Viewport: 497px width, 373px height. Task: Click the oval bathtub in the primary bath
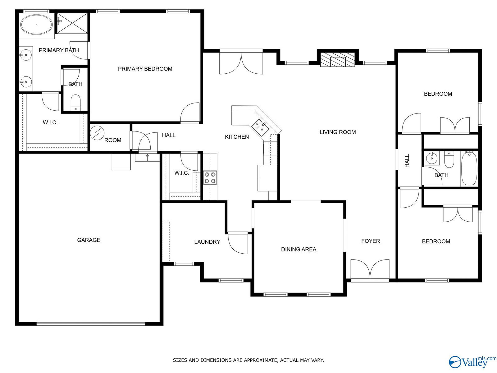[x=36, y=25]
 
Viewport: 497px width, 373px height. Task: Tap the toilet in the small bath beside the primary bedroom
[x=75, y=103]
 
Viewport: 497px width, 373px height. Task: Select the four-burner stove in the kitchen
[x=210, y=178]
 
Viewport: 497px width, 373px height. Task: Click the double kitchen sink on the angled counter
[x=260, y=127]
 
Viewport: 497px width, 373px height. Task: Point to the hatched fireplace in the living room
[x=337, y=60]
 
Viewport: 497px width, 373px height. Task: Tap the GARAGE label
[x=89, y=240]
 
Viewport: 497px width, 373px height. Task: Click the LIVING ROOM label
[x=338, y=132]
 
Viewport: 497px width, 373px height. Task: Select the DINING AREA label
[x=299, y=249]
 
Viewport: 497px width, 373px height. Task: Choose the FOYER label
[x=371, y=241]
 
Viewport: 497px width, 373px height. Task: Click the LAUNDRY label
[x=207, y=242]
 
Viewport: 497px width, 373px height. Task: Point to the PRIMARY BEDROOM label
[x=145, y=69]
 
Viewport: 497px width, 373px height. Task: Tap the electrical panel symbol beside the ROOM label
[x=97, y=133]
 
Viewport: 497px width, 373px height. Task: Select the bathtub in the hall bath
[x=469, y=169]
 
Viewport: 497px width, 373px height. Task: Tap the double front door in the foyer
[x=370, y=270]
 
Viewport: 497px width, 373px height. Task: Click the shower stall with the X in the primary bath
[x=72, y=23]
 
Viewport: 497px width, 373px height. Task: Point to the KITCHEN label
[x=237, y=137]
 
